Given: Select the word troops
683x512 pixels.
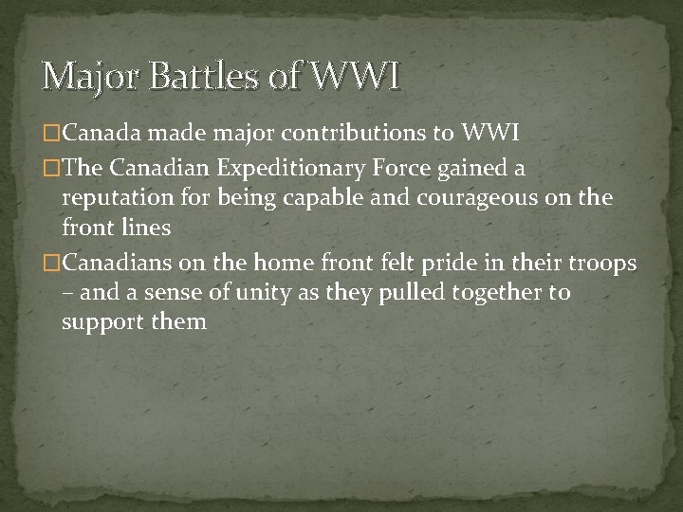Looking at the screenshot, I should click(x=603, y=263).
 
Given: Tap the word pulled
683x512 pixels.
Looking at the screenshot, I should click(x=396, y=292).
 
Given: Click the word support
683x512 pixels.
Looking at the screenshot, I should click(x=102, y=322).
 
